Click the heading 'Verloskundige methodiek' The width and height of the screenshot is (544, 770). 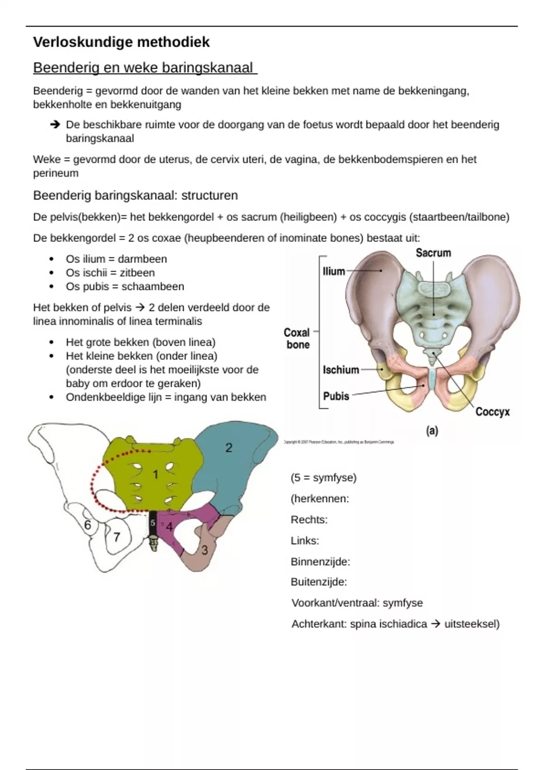point(121,42)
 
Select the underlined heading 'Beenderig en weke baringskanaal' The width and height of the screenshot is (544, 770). point(145,68)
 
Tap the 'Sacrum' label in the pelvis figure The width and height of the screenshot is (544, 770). point(433,253)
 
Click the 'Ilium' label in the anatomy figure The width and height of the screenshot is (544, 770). point(334,271)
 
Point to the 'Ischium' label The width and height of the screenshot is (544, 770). point(341,370)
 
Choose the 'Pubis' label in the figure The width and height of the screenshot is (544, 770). point(336,396)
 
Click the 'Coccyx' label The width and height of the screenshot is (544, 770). point(492,412)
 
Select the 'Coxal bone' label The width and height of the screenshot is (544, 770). point(297,338)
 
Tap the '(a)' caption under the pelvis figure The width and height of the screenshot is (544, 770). point(432,431)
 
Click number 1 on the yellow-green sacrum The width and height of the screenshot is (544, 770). point(155,474)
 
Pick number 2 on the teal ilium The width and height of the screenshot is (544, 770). point(229,448)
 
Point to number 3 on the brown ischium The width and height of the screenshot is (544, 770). point(204,550)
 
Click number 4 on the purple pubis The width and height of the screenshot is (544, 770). point(169,527)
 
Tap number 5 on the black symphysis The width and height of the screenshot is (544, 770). point(153,523)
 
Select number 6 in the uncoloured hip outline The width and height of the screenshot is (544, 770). point(88,525)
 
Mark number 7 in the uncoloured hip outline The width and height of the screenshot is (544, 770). point(117,537)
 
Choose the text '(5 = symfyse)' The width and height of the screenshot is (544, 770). point(324,477)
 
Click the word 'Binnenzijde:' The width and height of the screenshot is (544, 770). point(320,562)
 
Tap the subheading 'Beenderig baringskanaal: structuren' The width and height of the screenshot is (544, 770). point(136,196)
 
